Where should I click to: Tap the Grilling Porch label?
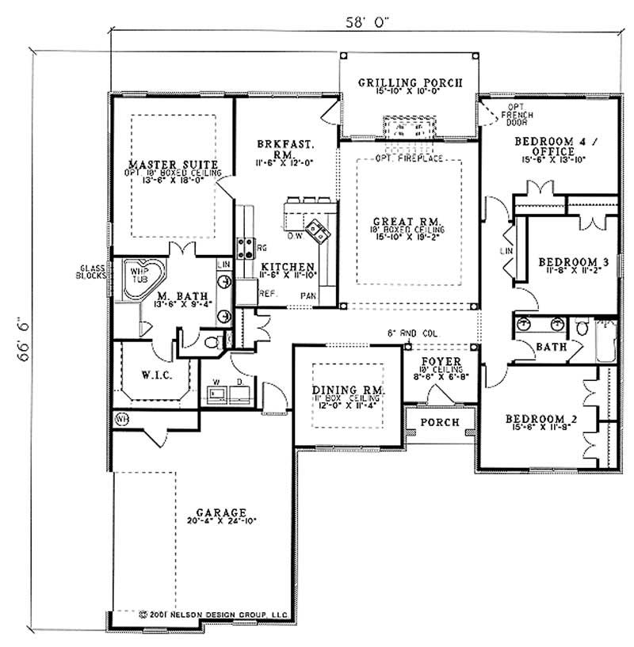(409, 83)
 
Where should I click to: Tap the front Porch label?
(440, 422)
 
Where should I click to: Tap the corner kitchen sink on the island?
(319, 230)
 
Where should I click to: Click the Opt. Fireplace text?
(409, 158)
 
